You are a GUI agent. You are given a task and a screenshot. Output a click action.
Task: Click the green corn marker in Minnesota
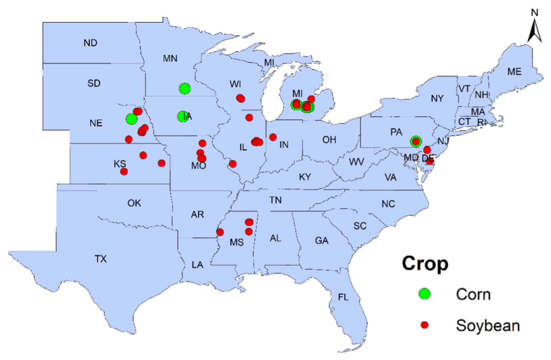coord(185,88)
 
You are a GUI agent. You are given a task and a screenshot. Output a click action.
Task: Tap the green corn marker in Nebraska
coord(131,119)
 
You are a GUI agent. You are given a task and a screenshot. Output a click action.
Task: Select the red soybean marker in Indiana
coord(273,137)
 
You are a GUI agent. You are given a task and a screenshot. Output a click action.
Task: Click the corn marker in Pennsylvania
coord(416,141)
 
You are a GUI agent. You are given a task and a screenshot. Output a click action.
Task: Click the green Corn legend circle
coord(424,294)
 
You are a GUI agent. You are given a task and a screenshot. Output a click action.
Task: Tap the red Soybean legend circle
coord(424,325)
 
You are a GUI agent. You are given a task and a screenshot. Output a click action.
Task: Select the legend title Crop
coord(425,263)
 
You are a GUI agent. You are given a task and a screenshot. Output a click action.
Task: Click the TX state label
coord(101,259)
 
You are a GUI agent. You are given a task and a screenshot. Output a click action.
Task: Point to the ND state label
coord(90,43)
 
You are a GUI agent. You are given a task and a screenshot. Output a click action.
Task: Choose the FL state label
coord(343,297)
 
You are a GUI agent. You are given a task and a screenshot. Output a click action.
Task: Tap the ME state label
coord(514,71)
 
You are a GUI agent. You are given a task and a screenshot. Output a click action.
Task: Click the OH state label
coord(329,140)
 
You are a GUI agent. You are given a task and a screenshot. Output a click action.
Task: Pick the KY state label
coord(305,177)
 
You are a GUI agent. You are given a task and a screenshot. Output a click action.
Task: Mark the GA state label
coord(321,240)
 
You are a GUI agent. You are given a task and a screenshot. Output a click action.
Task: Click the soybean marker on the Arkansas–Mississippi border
coord(220,232)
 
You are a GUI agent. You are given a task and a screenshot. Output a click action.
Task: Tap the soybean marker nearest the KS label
coord(124,172)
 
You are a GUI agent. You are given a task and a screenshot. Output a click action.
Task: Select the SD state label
coord(94,83)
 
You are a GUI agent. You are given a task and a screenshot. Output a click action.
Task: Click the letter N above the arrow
coord(534,13)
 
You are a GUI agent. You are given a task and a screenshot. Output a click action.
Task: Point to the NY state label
coord(437,98)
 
